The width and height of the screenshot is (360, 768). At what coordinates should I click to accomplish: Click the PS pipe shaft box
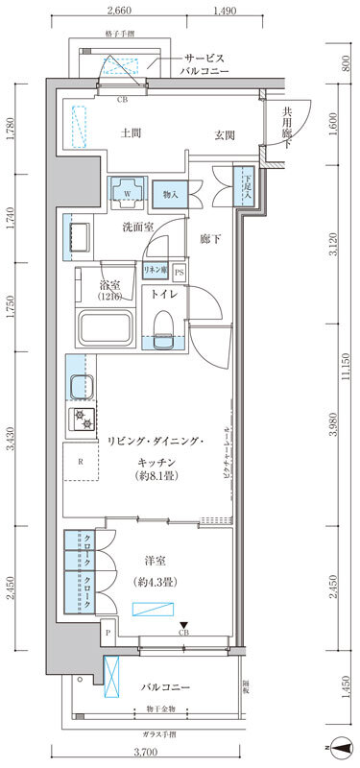[x=180, y=273]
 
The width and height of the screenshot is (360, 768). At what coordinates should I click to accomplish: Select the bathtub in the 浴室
[x=108, y=331]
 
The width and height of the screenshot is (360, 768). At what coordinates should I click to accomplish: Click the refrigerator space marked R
[x=81, y=462]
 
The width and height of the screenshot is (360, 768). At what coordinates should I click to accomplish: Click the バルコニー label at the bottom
[x=165, y=688]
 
